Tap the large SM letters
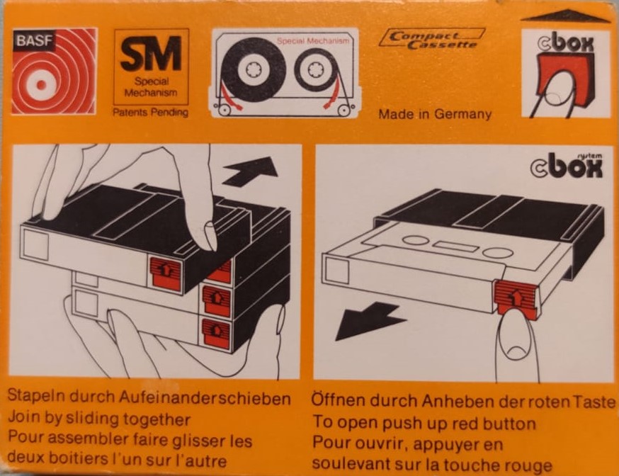point(150,54)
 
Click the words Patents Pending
point(150,113)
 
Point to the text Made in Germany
point(434,114)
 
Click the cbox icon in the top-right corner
point(564,74)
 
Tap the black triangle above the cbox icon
point(564,16)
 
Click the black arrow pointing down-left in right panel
point(368,320)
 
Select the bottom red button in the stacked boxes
point(216,333)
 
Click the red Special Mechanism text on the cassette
point(313,41)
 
